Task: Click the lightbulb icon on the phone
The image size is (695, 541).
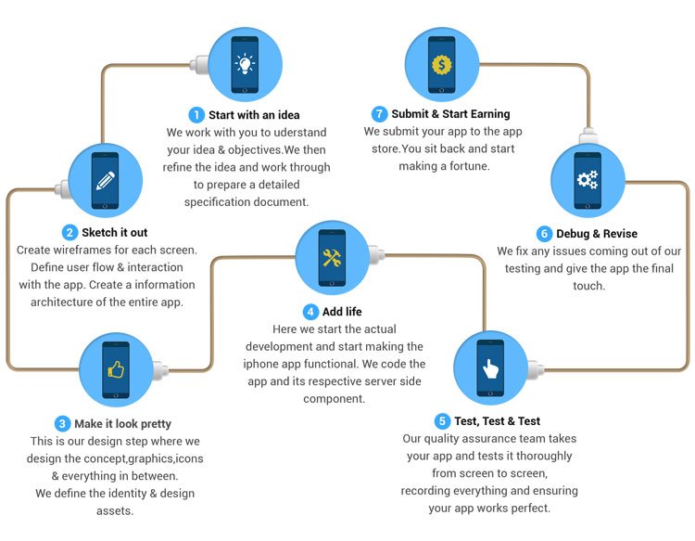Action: pos(245,63)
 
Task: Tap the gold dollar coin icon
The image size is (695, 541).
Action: pos(441,65)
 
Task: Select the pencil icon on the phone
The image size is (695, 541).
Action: pos(105,181)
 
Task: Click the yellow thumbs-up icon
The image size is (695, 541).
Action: pos(116,369)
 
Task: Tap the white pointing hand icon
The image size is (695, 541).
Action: pos(490,368)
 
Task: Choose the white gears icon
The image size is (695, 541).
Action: pos(588,179)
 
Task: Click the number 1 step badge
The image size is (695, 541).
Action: pos(196,115)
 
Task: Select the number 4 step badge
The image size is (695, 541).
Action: pos(310,312)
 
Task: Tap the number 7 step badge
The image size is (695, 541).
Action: pos(379,114)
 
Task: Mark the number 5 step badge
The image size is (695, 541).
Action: pos(442,420)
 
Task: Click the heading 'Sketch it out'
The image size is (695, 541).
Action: pos(115,232)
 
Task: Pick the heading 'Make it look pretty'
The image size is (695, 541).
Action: pos(122,424)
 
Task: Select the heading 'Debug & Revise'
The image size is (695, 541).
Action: pos(597,234)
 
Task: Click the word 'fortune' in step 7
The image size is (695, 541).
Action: pos(470,166)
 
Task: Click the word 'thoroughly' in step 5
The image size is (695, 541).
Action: pos(544,457)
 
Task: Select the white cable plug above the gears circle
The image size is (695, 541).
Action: pos(588,135)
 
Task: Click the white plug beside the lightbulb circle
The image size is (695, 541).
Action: pos(199,65)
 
